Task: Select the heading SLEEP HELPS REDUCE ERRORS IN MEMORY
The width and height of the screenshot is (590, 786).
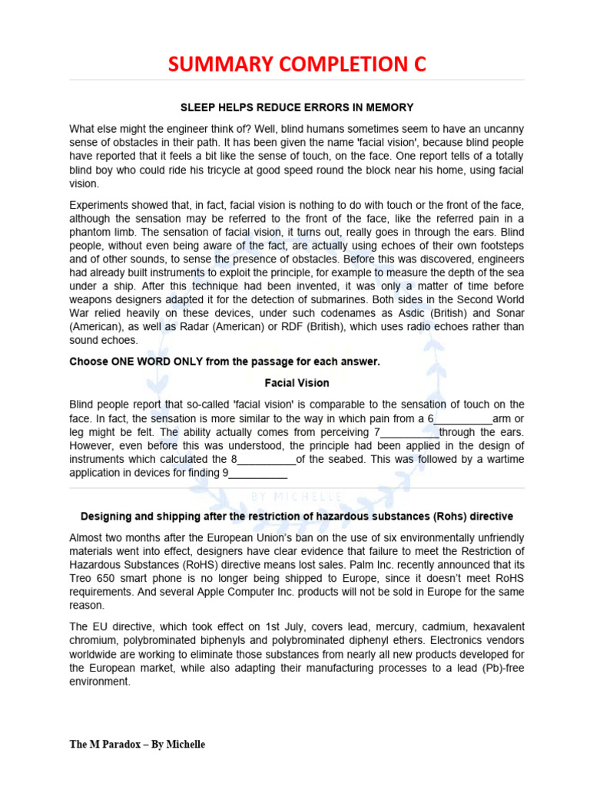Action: coord(297,107)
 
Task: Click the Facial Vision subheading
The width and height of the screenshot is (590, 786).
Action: coord(297,382)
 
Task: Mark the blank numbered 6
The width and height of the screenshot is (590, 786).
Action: coord(462,418)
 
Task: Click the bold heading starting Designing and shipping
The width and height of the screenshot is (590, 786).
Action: coord(297,516)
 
